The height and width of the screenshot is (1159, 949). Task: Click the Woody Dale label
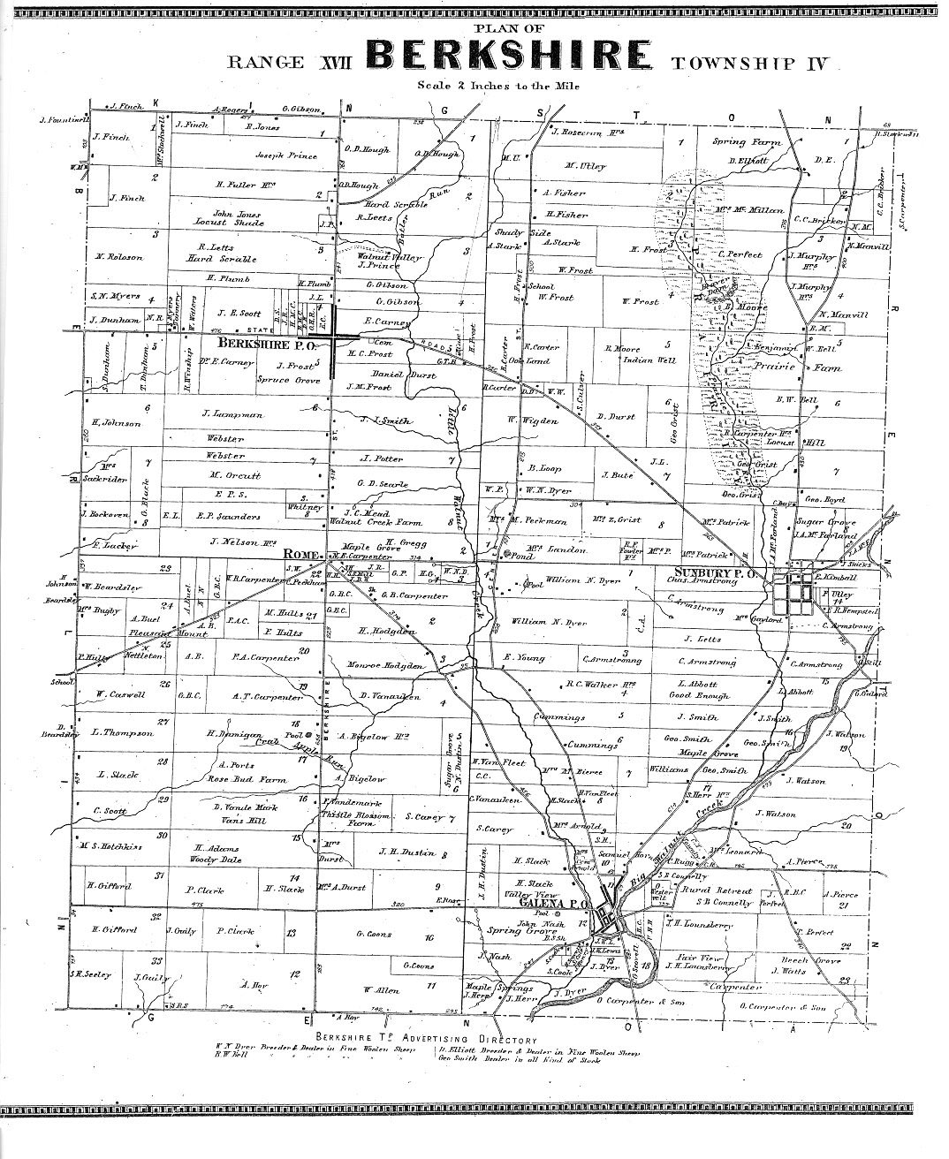pos(219,858)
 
